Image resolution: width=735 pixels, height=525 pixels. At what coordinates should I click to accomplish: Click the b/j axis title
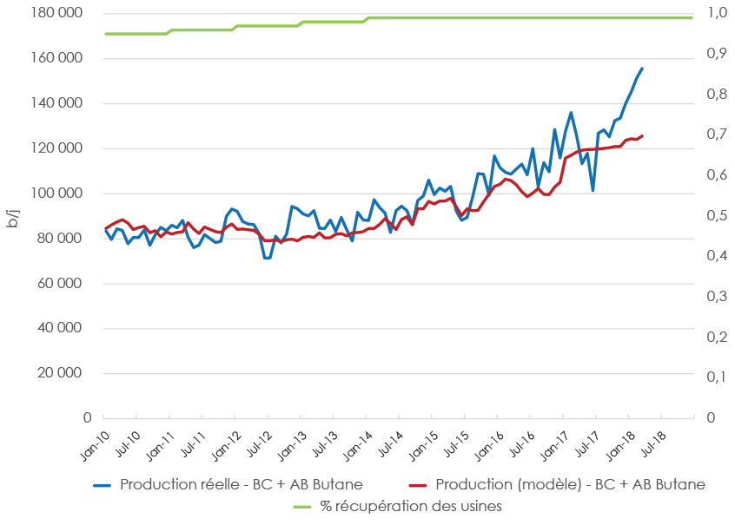(x=12, y=217)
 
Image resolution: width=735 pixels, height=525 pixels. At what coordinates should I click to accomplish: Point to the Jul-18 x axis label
(x=651, y=442)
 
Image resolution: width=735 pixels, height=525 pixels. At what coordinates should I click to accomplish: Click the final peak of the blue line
(x=642, y=68)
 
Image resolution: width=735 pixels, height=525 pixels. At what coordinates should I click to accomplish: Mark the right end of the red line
(x=642, y=135)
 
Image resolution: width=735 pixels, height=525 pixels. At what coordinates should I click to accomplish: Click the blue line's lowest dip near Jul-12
(x=267, y=258)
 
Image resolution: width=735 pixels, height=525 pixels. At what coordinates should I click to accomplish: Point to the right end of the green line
(x=692, y=17)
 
